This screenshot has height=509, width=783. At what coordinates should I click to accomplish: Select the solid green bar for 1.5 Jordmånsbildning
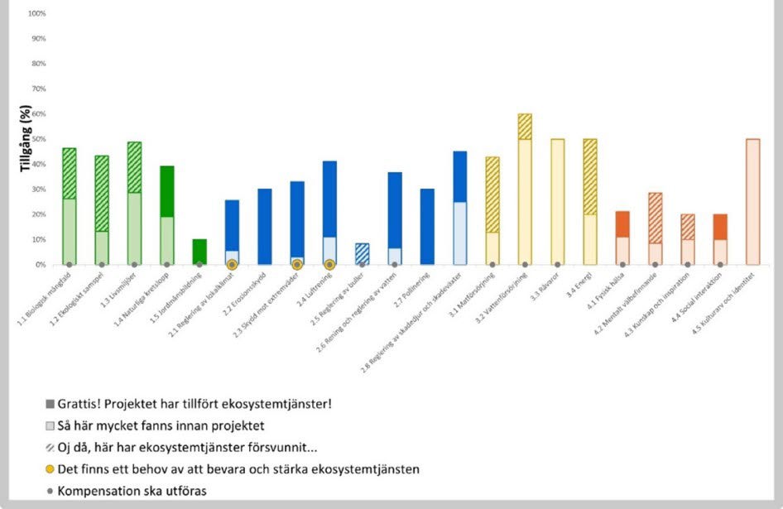199,252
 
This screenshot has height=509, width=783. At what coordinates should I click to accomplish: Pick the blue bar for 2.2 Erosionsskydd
265,227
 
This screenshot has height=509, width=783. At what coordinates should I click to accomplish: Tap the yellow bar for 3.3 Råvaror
558,202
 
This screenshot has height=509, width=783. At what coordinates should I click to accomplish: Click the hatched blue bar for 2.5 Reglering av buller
362,254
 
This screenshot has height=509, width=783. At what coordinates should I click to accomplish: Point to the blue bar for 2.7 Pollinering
427,227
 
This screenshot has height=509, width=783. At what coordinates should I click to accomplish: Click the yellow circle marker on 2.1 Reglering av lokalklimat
233,264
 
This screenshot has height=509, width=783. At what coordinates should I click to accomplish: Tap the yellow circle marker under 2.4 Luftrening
329,264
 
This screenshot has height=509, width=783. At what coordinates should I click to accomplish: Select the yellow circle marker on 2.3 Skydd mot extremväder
297,264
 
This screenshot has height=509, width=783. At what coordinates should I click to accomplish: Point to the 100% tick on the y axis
36,14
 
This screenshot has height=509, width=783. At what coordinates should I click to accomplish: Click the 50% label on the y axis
38,139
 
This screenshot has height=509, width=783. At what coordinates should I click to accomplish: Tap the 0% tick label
40,265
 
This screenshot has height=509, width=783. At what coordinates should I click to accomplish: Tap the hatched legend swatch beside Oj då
50,448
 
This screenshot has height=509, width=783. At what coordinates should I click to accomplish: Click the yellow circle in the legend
50,469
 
